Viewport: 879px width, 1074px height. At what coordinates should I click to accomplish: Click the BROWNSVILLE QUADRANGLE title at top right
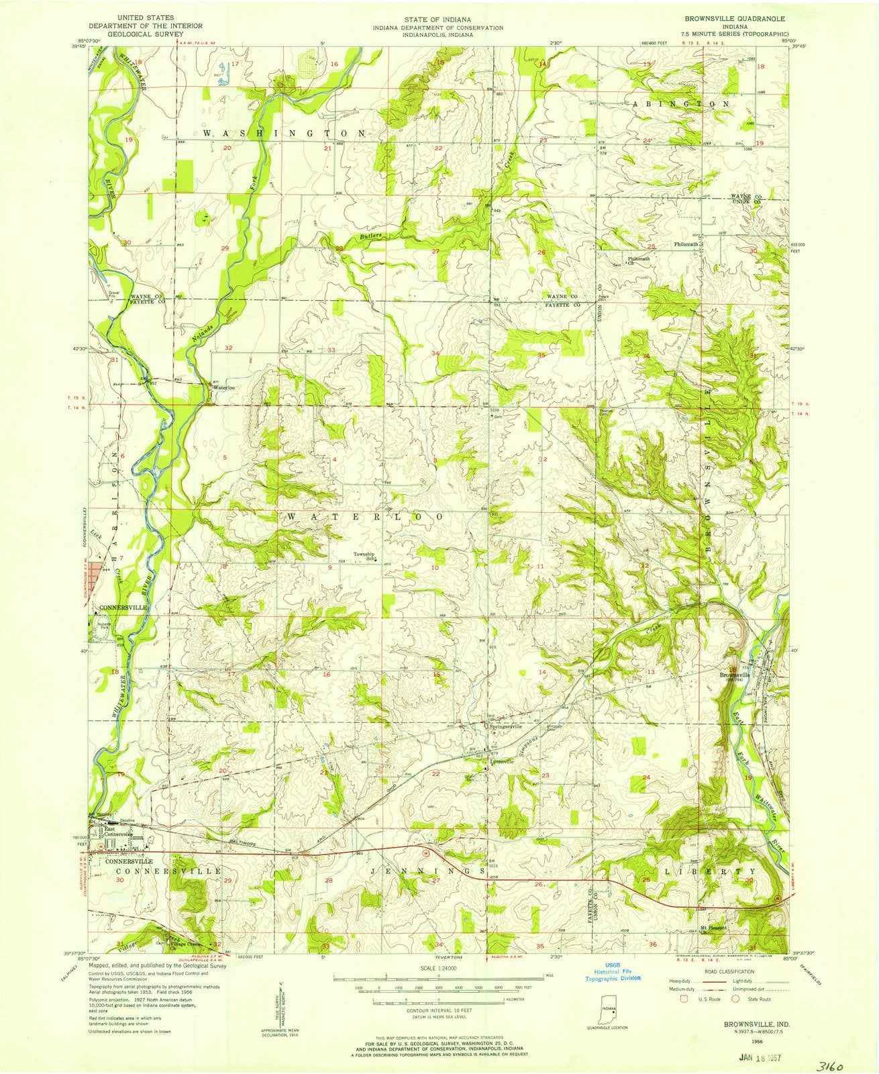[x=731, y=19]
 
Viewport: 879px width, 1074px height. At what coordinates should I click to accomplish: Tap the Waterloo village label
[x=223, y=388]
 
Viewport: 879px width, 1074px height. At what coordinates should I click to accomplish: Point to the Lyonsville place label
[x=503, y=761]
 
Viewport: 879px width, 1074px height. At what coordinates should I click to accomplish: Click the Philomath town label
[x=686, y=244]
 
